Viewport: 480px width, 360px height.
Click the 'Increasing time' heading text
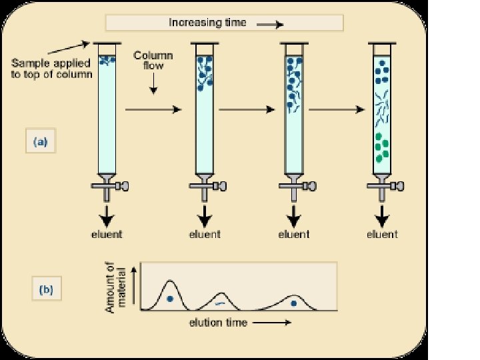(207, 23)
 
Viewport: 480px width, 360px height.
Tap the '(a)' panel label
(40, 142)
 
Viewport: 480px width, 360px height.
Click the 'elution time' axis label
(218, 323)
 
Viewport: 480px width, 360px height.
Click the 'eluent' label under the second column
(204, 234)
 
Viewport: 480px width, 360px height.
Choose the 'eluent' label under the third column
(293, 234)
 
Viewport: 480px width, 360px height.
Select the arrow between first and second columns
(153, 109)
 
